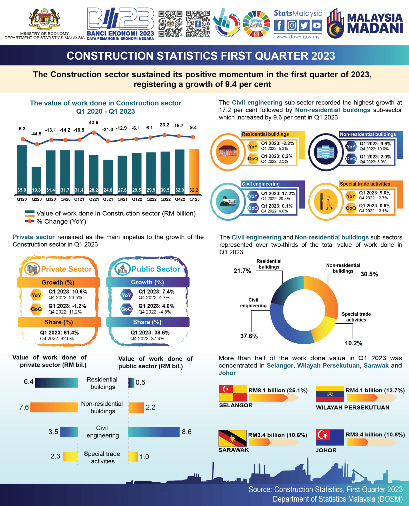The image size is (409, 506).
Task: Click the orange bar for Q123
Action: (194, 169)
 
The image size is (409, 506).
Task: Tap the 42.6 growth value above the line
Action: (94, 122)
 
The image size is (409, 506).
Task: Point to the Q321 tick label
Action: (108, 199)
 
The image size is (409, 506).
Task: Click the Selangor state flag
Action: (233, 393)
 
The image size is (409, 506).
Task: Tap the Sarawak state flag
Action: (232, 438)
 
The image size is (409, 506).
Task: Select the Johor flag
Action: (330, 437)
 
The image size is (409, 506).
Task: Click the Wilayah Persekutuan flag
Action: (330, 394)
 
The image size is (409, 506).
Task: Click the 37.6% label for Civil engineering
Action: (249, 336)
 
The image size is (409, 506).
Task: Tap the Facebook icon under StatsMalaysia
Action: (279, 25)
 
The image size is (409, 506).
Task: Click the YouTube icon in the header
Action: (317, 25)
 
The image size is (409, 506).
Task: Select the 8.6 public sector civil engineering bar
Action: (154, 432)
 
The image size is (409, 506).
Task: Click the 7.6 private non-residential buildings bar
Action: (54, 407)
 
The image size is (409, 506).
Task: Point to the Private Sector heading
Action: (66, 269)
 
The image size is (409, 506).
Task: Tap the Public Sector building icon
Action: (123, 269)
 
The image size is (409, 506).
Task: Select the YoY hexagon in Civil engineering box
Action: (253, 196)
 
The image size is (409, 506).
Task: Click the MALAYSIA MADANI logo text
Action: (374, 23)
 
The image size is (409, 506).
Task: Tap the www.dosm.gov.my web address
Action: (298, 37)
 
